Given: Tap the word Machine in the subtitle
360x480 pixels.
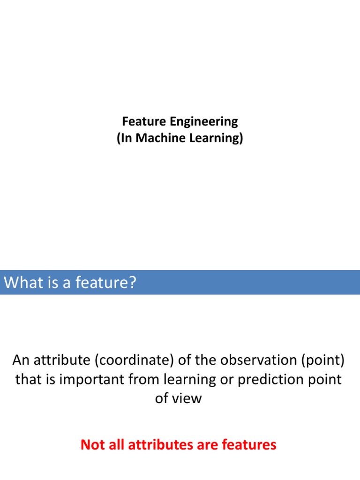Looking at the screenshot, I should coord(156,139).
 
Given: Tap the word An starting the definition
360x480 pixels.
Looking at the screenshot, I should coord(21,360).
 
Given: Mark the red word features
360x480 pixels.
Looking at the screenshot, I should coord(249,444).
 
